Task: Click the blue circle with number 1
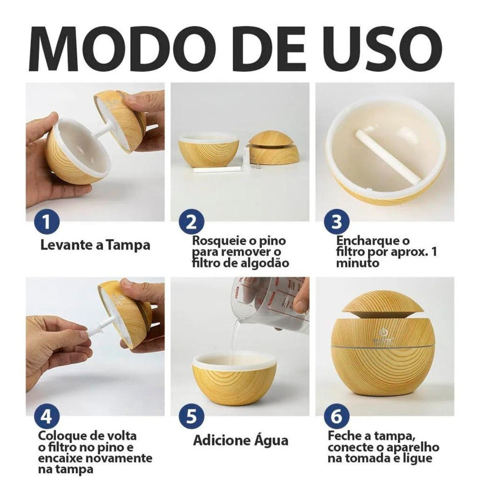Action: click(47, 221)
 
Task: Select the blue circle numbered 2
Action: click(191, 221)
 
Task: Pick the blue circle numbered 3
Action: click(337, 221)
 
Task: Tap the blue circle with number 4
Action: click(47, 416)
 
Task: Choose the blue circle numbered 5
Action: click(191, 416)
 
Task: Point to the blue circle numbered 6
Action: click(337, 416)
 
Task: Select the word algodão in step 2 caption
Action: click(262, 263)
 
